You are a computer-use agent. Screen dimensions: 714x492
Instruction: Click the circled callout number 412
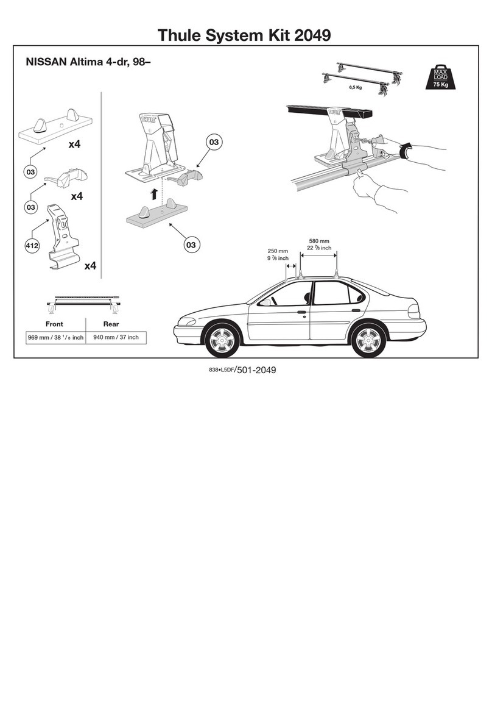coord(32,246)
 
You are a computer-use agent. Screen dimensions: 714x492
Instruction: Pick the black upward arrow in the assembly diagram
coord(155,194)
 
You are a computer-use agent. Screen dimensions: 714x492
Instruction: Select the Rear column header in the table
coord(111,324)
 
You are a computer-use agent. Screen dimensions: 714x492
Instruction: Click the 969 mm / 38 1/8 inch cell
coord(55,337)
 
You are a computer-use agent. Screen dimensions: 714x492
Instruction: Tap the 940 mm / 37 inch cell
coord(116,337)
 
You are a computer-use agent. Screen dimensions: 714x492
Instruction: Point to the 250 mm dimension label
coord(278,251)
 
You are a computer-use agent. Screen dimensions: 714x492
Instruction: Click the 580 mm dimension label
coord(318,240)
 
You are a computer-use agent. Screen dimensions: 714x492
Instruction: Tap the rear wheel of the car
coord(369,340)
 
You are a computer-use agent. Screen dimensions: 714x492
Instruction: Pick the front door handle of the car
coord(301,312)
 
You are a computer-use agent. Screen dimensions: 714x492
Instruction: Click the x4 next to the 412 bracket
coord(91,266)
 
